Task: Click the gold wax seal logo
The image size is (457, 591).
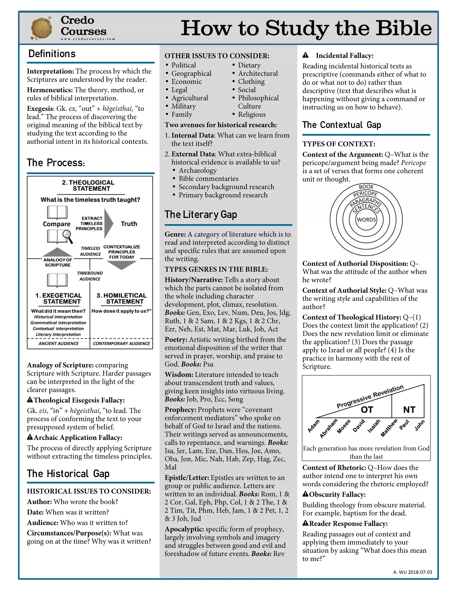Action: pyautogui.click(x=41, y=28)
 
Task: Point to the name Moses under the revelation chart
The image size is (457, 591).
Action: pyautogui.click(x=344, y=426)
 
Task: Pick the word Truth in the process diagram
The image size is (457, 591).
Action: pyautogui.click(x=129, y=224)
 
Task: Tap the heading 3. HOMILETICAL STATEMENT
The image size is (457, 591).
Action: pyautogui.click(x=121, y=298)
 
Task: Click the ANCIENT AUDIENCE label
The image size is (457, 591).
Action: pyautogui.click(x=58, y=343)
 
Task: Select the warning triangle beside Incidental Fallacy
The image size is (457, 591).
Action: pyautogui.click(x=305, y=55)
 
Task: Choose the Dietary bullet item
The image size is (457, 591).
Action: pyautogui.click(x=249, y=65)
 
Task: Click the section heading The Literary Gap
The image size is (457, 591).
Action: pyautogui.click(x=201, y=214)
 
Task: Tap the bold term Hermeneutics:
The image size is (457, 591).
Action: pyautogui.click(x=50, y=90)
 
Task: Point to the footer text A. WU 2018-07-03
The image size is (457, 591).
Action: pyautogui.click(x=412, y=572)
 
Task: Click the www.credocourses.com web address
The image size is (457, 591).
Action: pyautogui.click(x=88, y=39)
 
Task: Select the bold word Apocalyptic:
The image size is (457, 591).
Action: pyautogui.click(x=184, y=529)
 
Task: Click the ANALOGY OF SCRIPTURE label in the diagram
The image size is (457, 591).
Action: pyautogui.click(x=58, y=262)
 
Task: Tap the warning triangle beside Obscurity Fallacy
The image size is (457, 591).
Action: pyautogui.click(x=305, y=494)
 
